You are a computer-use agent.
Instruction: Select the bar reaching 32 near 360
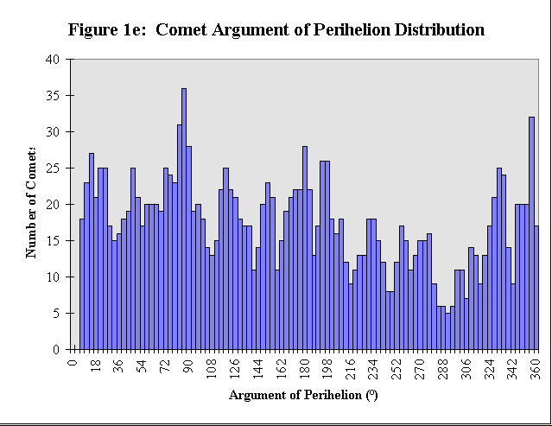pos(531,233)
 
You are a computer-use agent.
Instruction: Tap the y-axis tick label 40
pos(54,60)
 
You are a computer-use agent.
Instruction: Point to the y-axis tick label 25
pos(54,168)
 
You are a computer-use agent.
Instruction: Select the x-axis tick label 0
pos(73,361)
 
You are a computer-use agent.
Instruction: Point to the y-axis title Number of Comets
pos(31,204)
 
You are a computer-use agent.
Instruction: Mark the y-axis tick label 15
pos(54,241)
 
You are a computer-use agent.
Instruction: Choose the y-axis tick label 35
pos(54,96)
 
